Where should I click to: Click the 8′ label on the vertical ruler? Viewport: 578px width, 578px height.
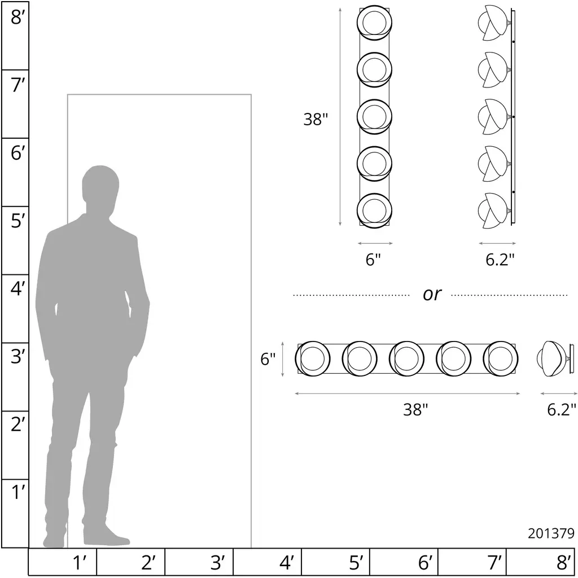tap(16, 17)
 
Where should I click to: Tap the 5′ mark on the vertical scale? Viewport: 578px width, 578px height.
tap(17, 221)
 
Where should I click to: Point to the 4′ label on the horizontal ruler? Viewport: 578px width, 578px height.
tap(287, 563)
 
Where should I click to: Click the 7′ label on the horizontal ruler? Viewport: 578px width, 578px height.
tap(495, 563)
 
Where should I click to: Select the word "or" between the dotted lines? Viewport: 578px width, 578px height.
tap(432, 294)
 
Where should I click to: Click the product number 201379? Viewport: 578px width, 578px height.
tap(551, 533)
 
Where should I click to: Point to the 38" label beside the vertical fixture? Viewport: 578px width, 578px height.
tap(316, 120)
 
